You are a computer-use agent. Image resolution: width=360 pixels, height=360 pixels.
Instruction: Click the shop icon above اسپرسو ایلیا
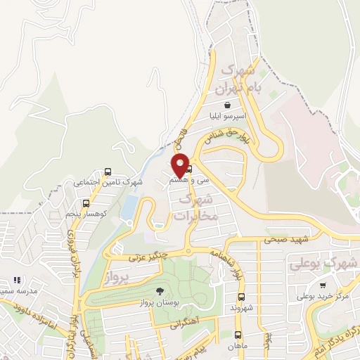tap(226, 105)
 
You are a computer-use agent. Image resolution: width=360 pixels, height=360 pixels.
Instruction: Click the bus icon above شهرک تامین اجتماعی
tap(108, 172)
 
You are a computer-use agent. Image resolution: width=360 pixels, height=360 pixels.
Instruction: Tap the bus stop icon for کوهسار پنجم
tap(86, 205)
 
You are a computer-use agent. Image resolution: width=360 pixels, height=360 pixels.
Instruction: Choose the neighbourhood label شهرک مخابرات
tap(197, 208)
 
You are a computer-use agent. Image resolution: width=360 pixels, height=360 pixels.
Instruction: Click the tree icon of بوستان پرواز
tap(161, 291)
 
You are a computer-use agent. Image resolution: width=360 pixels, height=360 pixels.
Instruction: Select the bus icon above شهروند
tap(240, 297)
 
